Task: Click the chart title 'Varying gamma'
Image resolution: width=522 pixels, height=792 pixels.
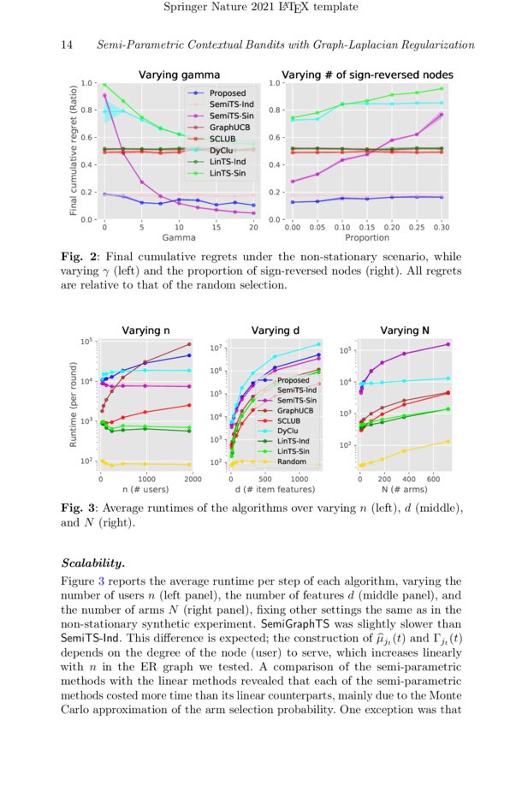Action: [x=180, y=74]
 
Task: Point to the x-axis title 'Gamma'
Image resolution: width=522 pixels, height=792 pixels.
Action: [x=179, y=239]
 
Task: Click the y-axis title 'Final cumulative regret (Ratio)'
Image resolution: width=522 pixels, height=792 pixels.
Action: [x=74, y=152]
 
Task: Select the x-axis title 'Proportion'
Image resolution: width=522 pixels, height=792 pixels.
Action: [x=367, y=239]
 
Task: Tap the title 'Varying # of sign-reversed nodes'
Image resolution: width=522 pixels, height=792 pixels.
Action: [x=368, y=74]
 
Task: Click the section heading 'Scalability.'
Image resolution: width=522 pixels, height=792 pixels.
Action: [x=93, y=563]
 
